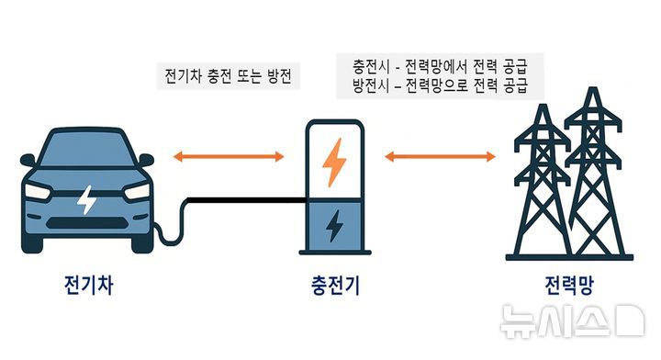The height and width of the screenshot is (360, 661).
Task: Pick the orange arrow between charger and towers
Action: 440,158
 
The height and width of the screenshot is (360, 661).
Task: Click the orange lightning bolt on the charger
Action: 334,161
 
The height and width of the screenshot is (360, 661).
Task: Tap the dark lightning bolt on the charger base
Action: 334,225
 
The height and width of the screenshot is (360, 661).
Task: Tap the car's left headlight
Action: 39,191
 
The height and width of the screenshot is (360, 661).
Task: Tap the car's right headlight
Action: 136,191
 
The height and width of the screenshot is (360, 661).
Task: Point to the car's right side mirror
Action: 147,160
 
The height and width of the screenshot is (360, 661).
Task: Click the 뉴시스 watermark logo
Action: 569,321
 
